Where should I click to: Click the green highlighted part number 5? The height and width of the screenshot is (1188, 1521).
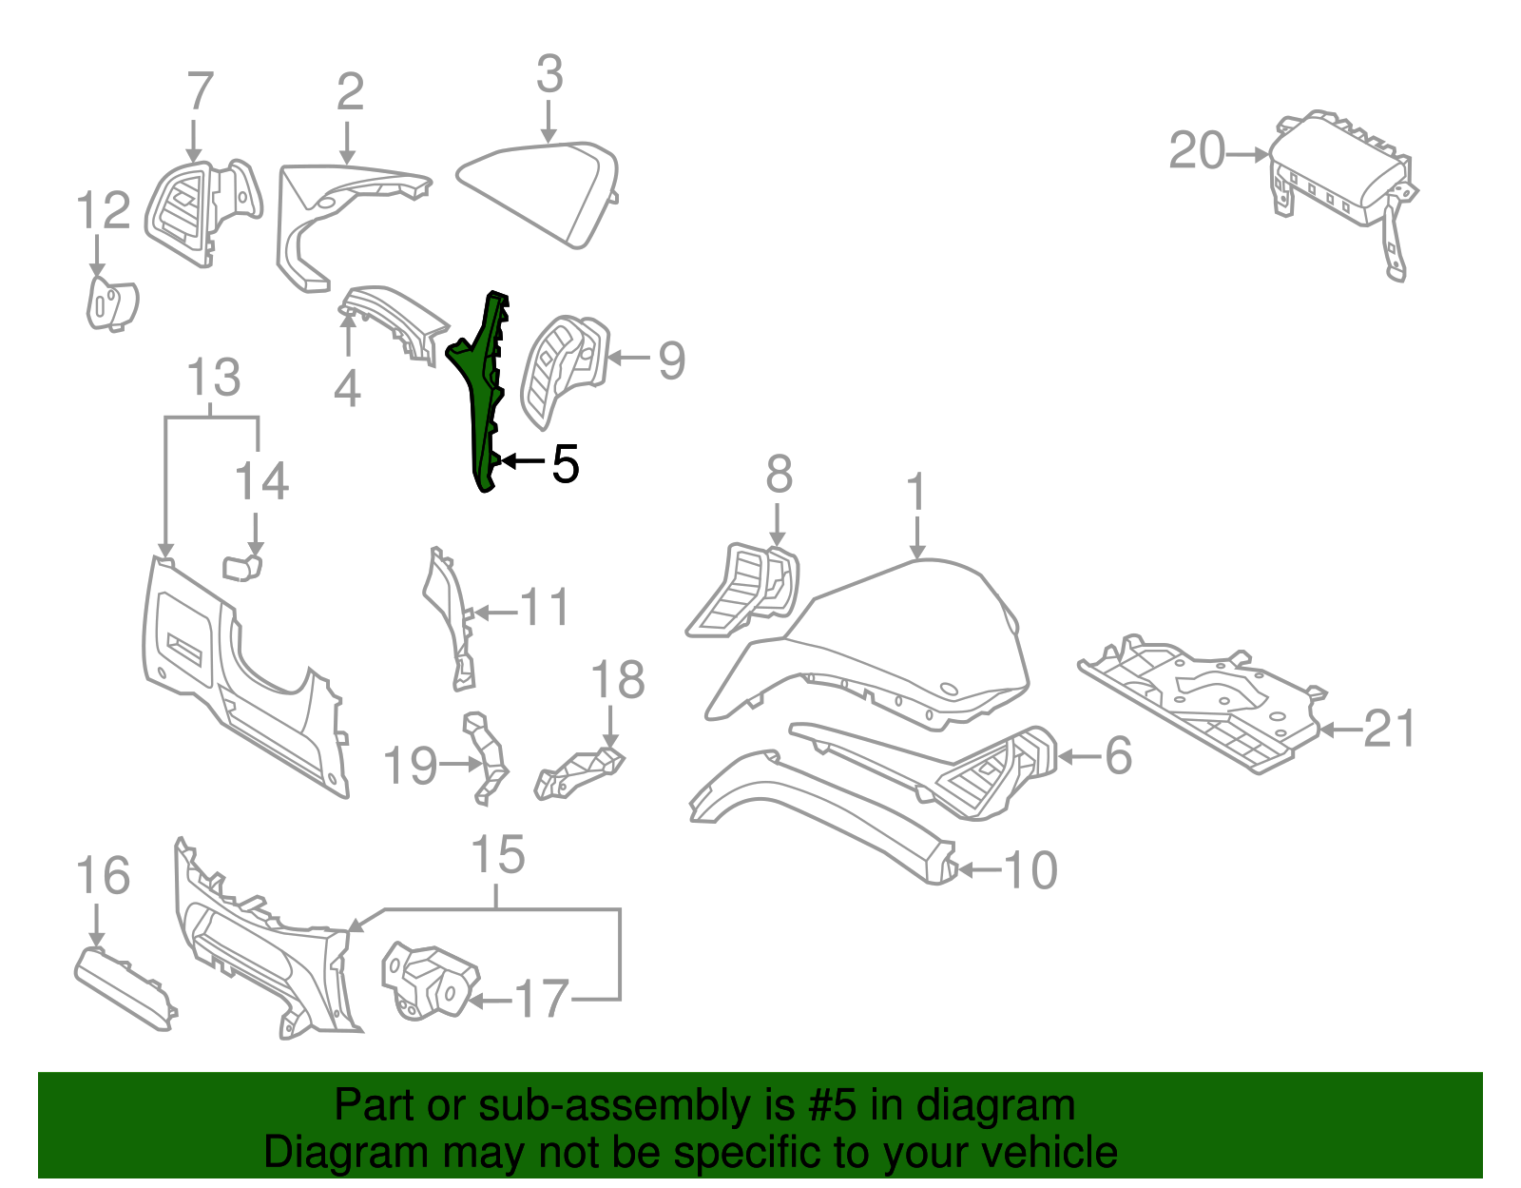(484, 390)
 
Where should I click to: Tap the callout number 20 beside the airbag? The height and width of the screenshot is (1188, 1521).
(1197, 152)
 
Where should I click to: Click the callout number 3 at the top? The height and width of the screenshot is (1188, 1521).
(549, 75)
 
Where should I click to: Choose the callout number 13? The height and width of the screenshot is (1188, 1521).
(213, 379)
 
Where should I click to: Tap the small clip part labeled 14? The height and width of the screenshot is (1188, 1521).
(242, 567)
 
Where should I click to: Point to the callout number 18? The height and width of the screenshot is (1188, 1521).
(617, 681)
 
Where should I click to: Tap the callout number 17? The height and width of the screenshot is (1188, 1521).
(541, 1000)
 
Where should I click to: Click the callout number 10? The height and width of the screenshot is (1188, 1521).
(1030, 870)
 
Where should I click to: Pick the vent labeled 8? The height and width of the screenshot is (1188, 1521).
(746, 590)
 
